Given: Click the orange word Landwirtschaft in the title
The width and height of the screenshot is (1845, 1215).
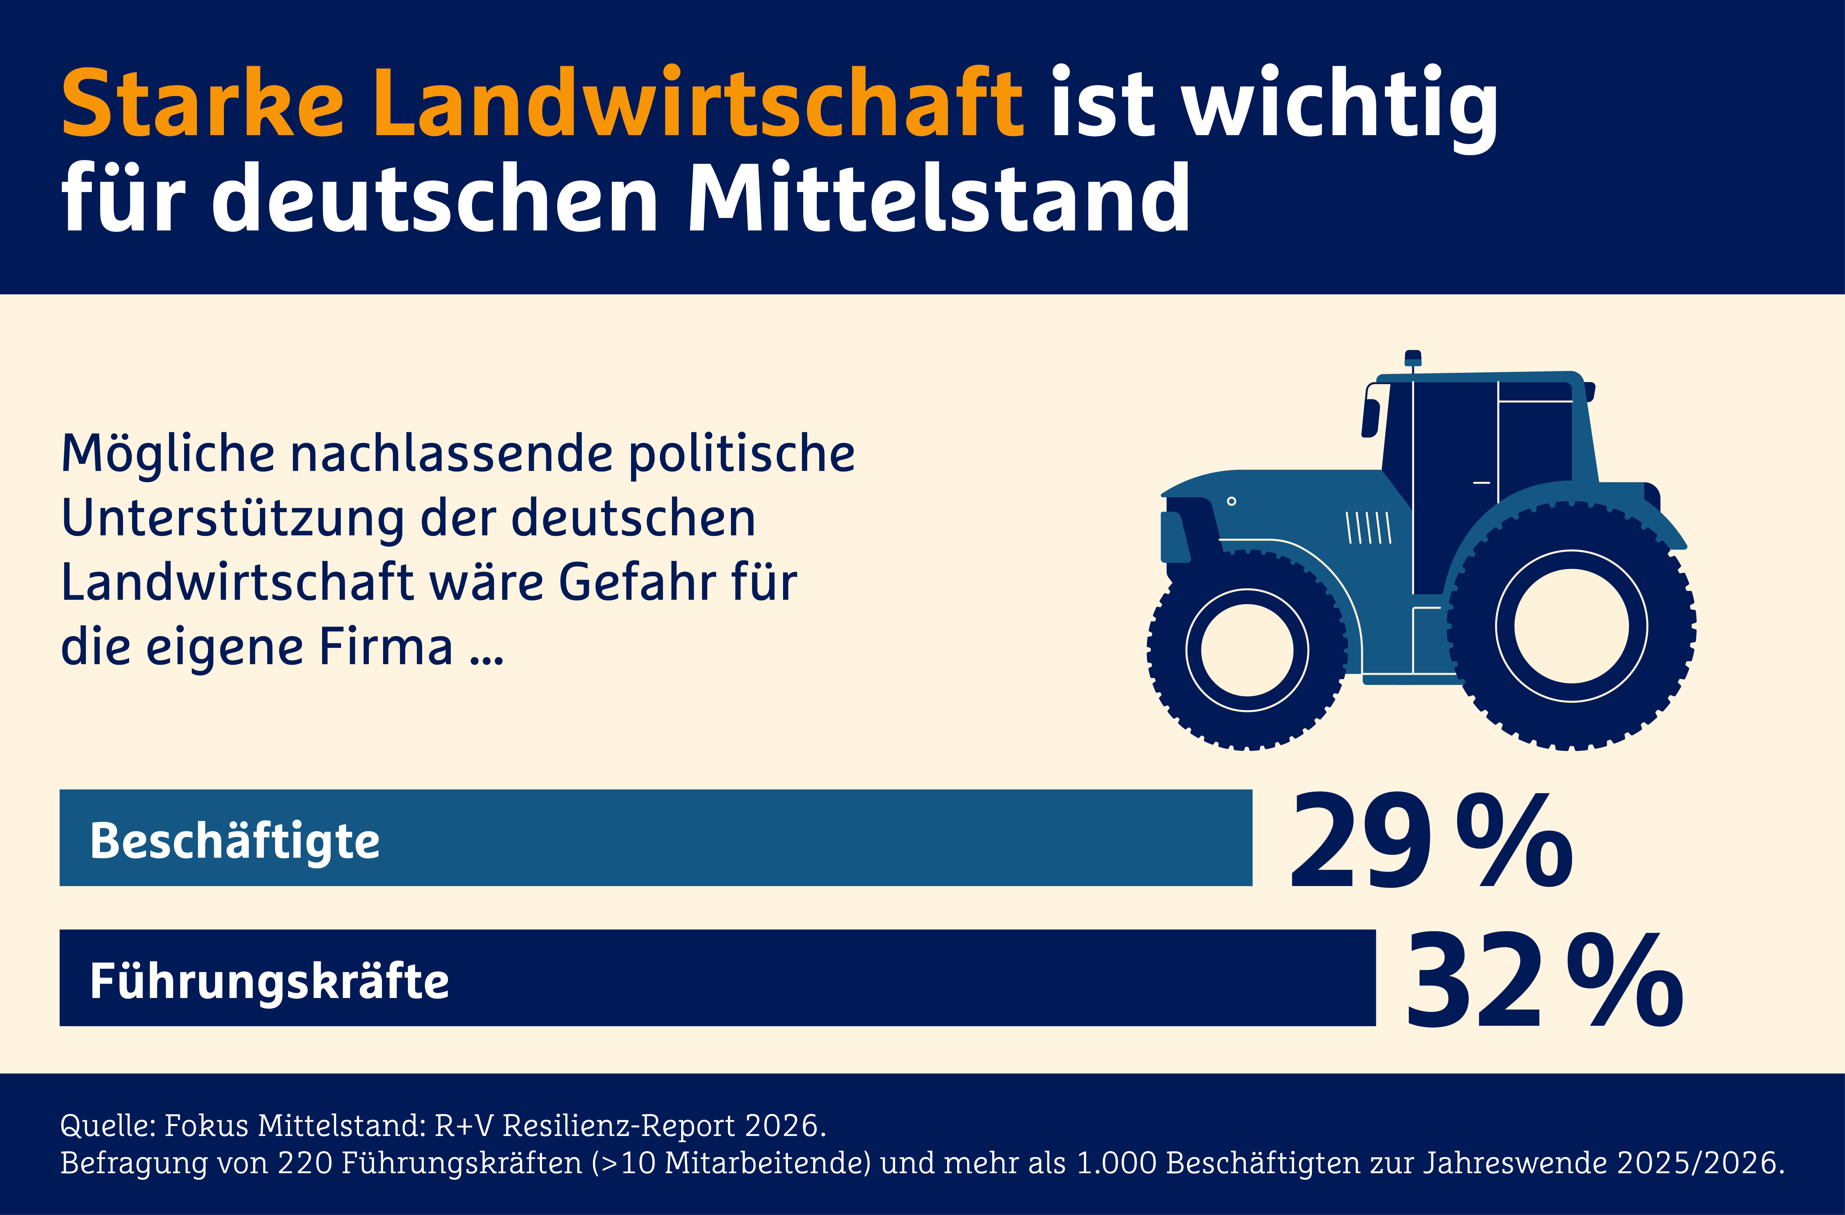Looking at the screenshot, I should point(698,103).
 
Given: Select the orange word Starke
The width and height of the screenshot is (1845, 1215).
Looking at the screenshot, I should point(203,103).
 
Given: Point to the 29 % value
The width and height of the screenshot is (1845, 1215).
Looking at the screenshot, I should point(1430,841).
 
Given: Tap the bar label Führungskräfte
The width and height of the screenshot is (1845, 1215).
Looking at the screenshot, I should point(269,981).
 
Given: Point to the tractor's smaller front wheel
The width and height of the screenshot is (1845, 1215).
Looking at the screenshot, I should point(1247,650).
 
